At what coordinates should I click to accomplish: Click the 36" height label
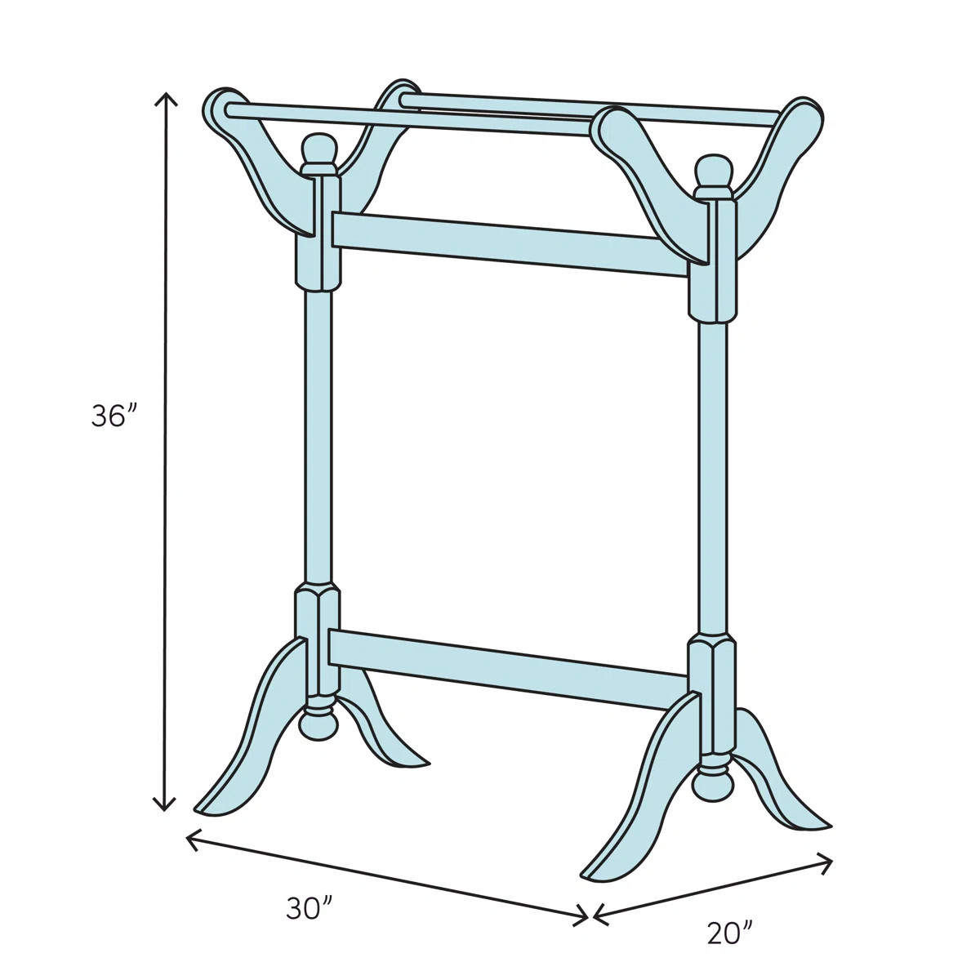tap(111, 416)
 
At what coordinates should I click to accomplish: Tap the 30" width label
tap(310, 908)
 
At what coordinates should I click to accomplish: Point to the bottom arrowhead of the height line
tap(167, 807)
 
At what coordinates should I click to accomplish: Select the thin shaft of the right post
tap(711, 474)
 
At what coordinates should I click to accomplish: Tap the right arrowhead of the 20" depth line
tap(828, 859)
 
